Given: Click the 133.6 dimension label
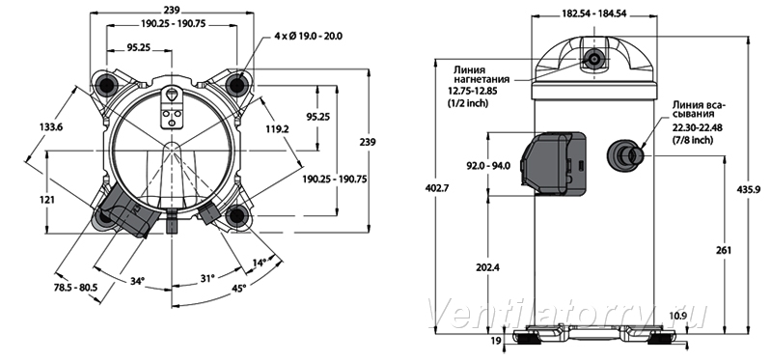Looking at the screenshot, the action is point(51,127).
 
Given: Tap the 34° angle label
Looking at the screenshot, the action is point(138,281).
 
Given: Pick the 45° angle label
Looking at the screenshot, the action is point(238,289).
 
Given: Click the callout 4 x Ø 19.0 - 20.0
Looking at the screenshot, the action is point(308,36).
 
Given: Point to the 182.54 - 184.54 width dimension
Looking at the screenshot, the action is point(593,14).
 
